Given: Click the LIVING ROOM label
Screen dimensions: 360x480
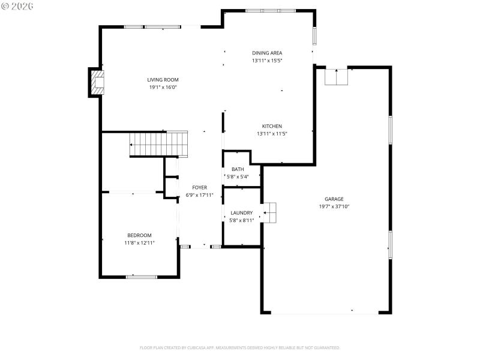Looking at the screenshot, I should click(x=163, y=80).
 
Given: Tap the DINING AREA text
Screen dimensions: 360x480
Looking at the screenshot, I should click(x=267, y=53).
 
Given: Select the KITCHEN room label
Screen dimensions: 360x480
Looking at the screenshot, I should click(x=272, y=126).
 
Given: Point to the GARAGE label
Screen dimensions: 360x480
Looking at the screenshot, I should click(x=334, y=199).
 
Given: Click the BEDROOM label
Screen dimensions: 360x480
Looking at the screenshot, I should click(x=139, y=235).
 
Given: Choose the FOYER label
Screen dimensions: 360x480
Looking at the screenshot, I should click(x=200, y=188).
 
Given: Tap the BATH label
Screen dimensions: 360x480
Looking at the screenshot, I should click(x=238, y=169).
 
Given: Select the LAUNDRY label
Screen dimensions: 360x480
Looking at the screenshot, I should click(x=242, y=213).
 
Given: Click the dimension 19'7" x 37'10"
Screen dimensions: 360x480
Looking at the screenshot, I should click(x=334, y=206).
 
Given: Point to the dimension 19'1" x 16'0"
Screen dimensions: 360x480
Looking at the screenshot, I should click(x=163, y=87).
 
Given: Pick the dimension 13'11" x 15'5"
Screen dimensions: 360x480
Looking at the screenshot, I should click(x=267, y=60).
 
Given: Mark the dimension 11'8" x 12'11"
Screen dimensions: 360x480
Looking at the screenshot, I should click(x=139, y=242).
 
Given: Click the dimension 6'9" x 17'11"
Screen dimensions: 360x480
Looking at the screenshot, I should click(x=200, y=195).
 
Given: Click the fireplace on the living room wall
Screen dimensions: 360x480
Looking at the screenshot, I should click(x=97, y=83).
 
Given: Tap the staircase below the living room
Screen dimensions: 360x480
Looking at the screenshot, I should click(x=159, y=145).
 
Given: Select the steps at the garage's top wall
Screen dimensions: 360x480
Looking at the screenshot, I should click(x=337, y=77).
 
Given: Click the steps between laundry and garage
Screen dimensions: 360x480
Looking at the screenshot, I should click(x=269, y=212).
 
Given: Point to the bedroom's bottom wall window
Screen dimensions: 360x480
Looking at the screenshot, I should click(x=142, y=277).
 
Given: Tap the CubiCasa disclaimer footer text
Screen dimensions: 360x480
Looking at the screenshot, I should click(x=240, y=347).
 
